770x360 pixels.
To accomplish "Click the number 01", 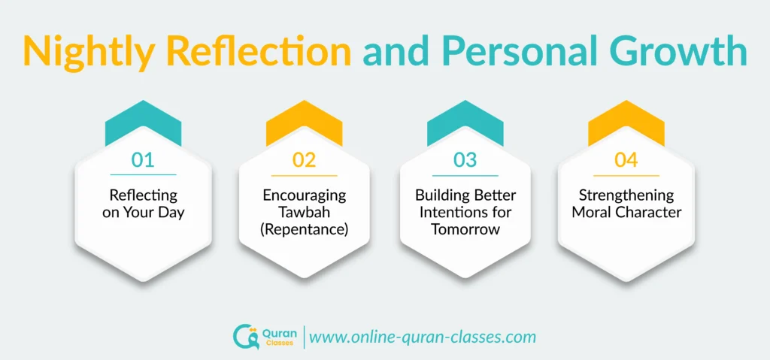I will (x=143, y=159).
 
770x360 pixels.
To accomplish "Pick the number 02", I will (x=305, y=159).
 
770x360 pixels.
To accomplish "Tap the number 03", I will (x=465, y=159).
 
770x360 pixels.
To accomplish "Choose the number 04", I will (x=626, y=159).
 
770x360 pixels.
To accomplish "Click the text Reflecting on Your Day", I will (x=143, y=204).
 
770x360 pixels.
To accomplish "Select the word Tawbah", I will (x=305, y=212).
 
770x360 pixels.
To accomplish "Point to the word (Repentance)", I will (x=305, y=228).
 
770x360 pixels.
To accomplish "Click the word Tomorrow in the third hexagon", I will (x=465, y=229).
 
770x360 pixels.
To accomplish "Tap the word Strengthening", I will (x=626, y=195).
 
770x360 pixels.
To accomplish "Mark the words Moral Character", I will (x=626, y=212).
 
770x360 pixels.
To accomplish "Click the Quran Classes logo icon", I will (x=245, y=336).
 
